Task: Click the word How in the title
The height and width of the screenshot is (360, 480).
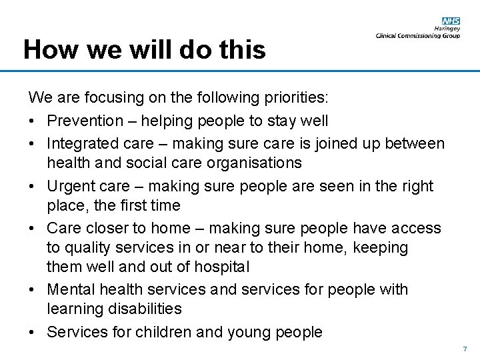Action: pos(46,50)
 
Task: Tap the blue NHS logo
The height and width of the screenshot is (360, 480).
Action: pos(451,21)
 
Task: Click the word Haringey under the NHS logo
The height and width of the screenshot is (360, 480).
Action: pos(447,29)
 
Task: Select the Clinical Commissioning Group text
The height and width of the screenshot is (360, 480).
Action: pos(417,36)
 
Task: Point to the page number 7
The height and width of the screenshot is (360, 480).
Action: pos(465,349)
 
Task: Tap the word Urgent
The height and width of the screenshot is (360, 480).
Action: pos(69,186)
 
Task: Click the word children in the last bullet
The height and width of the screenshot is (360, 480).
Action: pos(164,332)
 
